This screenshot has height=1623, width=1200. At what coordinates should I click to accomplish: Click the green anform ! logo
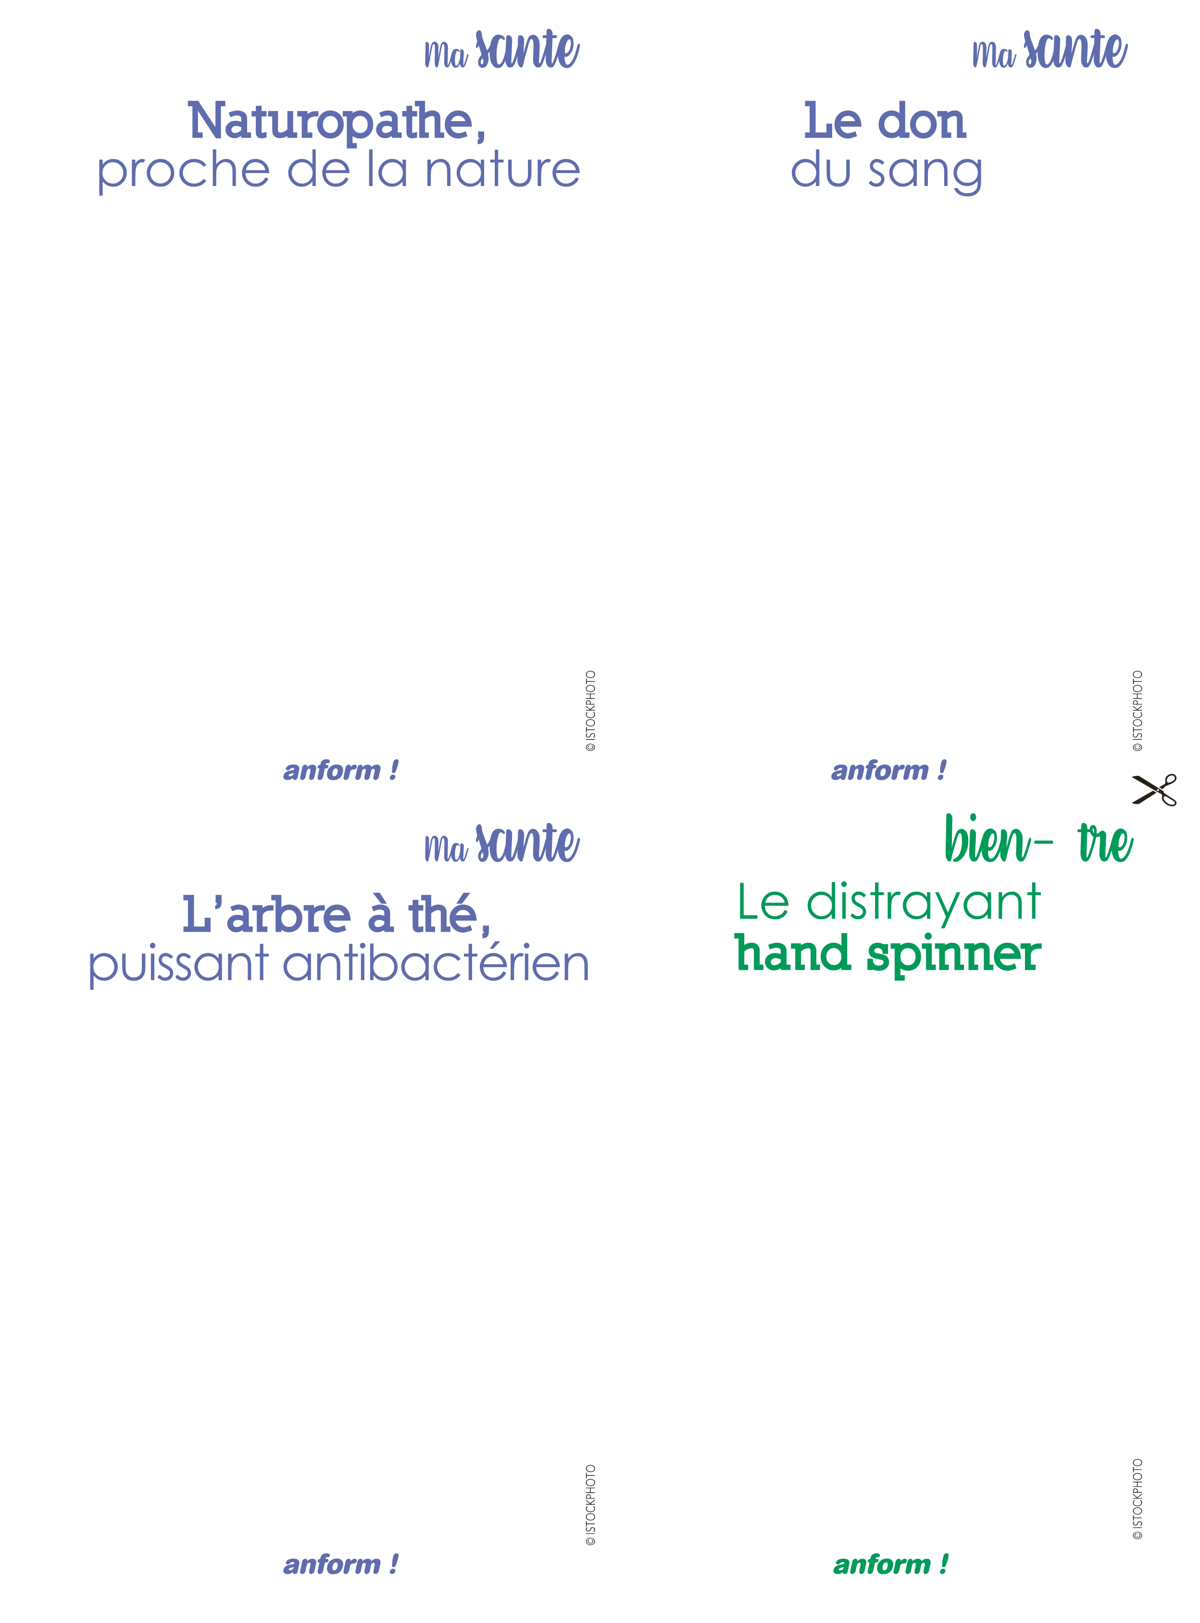coord(890,1564)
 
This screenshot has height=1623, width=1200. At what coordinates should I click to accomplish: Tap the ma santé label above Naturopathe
coord(502,50)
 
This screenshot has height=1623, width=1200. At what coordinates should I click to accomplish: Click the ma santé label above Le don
coord(1050,50)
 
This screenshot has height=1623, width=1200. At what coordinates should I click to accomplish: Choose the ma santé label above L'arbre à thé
coord(502,844)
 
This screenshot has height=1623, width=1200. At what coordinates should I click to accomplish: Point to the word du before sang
coord(821,171)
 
